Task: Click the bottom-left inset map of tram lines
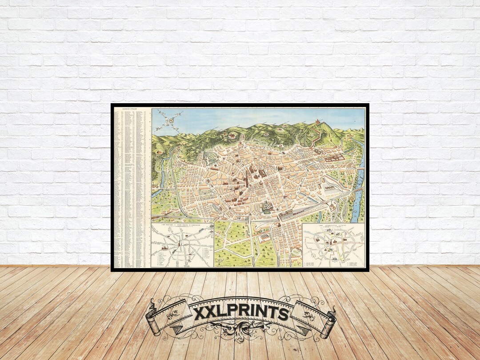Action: point(182,245)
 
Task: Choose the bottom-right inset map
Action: point(333,245)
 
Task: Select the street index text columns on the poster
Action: point(131,187)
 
